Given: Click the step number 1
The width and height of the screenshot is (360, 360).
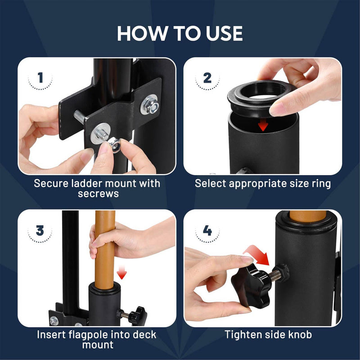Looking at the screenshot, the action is [40, 77].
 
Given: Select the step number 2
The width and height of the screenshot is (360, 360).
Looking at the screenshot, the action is [207, 78].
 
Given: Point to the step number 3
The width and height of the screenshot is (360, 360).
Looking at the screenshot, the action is [40, 230].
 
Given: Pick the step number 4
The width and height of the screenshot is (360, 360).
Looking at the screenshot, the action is [207, 230].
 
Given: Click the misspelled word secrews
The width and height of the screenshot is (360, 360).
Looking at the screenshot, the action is [98, 193].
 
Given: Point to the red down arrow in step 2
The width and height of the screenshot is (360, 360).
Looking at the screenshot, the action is [263, 125].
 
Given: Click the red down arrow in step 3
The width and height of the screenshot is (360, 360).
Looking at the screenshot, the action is [121, 272].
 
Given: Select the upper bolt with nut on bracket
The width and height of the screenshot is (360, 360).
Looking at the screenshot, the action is [150, 105].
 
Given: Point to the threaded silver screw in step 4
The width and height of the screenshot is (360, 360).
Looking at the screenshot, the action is [275, 275].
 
